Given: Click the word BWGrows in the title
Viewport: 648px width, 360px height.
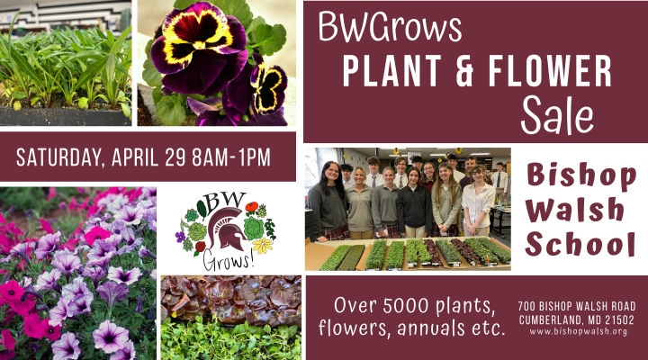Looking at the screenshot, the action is click(x=390, y=27).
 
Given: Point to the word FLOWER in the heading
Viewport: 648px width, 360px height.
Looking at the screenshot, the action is click(x=550, y=71).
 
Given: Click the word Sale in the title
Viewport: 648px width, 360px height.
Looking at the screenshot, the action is click(x=557, y=114).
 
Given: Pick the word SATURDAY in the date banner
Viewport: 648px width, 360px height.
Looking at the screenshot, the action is click(x=58, y=157).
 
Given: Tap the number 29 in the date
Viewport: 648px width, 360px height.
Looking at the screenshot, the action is click(x=175, y=157).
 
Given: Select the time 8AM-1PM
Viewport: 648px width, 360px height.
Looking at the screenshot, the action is click(x=231, y=157).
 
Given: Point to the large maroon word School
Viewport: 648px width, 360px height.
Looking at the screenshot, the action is click(x=580, y=244).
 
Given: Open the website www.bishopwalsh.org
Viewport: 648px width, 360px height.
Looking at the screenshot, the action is click(x=578, y=331).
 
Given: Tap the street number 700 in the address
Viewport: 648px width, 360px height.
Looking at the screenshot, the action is click(x=526, y=306).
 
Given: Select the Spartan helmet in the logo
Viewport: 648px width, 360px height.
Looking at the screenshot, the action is click(x=227, y=229).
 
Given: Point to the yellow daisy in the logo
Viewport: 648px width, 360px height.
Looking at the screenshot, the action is click(x=263, y=246).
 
